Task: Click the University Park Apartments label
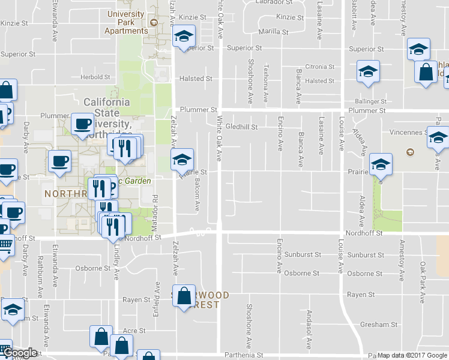[x=125, y=22]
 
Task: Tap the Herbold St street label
[x=95, y=77]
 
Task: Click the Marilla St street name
[x=273, y=31]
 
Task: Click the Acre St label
[x=134, y=331]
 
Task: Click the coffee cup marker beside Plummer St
[x=82, y=124]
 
